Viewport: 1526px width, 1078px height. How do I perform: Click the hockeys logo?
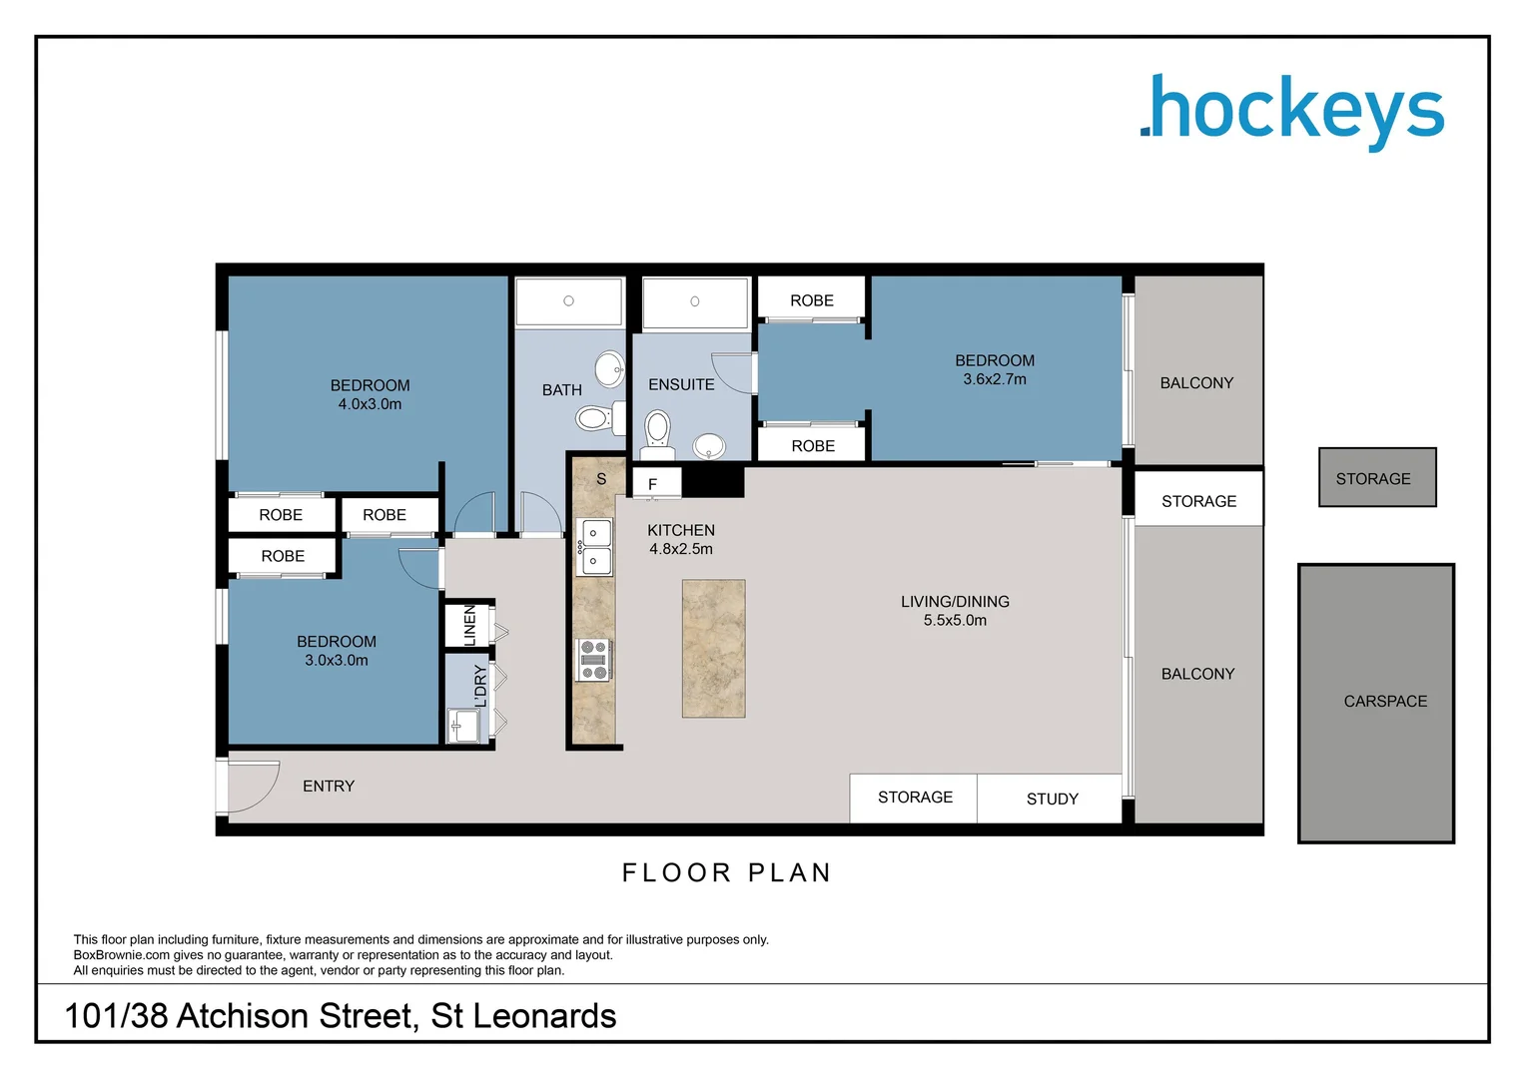point(1292,111)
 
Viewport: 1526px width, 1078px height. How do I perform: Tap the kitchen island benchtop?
point(713,649)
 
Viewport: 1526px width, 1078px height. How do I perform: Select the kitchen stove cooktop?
point(593,660)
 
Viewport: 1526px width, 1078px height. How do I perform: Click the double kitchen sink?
point(595,547)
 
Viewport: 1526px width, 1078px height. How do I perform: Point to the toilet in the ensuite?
point(657,430)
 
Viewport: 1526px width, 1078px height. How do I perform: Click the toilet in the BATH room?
point(595,417)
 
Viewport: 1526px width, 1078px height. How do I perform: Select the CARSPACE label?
point(1384,702)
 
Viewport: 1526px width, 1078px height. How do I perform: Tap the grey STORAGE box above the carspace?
point(1376,478)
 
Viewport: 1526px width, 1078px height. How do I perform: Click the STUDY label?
point(1052,799)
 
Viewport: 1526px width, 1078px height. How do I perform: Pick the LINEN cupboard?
point(467,625)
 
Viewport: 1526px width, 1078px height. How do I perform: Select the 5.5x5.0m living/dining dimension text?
point(955,621)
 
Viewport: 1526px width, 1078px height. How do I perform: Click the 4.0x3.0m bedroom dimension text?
point(370,404)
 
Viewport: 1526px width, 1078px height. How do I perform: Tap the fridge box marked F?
point(655,484)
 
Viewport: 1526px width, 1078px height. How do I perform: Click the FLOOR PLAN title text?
point(726,873)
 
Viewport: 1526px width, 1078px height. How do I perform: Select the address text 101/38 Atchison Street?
point(340,1016)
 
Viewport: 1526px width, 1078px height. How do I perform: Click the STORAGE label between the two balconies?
point(1198,501)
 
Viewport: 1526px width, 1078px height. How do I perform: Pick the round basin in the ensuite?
point(709,444)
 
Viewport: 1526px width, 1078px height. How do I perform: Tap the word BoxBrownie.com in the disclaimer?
point(121,955)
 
